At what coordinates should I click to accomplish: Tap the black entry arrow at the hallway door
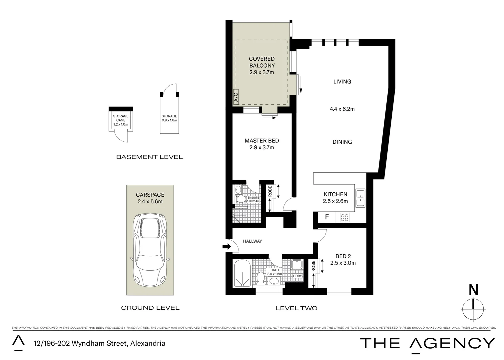227,247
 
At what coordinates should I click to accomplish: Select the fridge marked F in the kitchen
327,217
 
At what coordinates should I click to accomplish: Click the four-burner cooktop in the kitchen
344,218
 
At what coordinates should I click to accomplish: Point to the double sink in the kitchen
360,198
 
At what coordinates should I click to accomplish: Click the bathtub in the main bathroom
242,273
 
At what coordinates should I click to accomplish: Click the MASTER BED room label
261,141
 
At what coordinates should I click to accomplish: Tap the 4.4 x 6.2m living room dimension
342,109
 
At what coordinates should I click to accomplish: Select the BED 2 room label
343,256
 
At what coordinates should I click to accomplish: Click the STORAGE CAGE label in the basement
121,118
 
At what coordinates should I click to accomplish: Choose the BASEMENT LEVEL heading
149,157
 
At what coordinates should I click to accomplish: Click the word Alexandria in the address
148,343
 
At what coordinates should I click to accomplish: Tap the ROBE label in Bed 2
313,267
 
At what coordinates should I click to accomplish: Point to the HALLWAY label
252,241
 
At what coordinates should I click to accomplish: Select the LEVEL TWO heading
296,308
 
